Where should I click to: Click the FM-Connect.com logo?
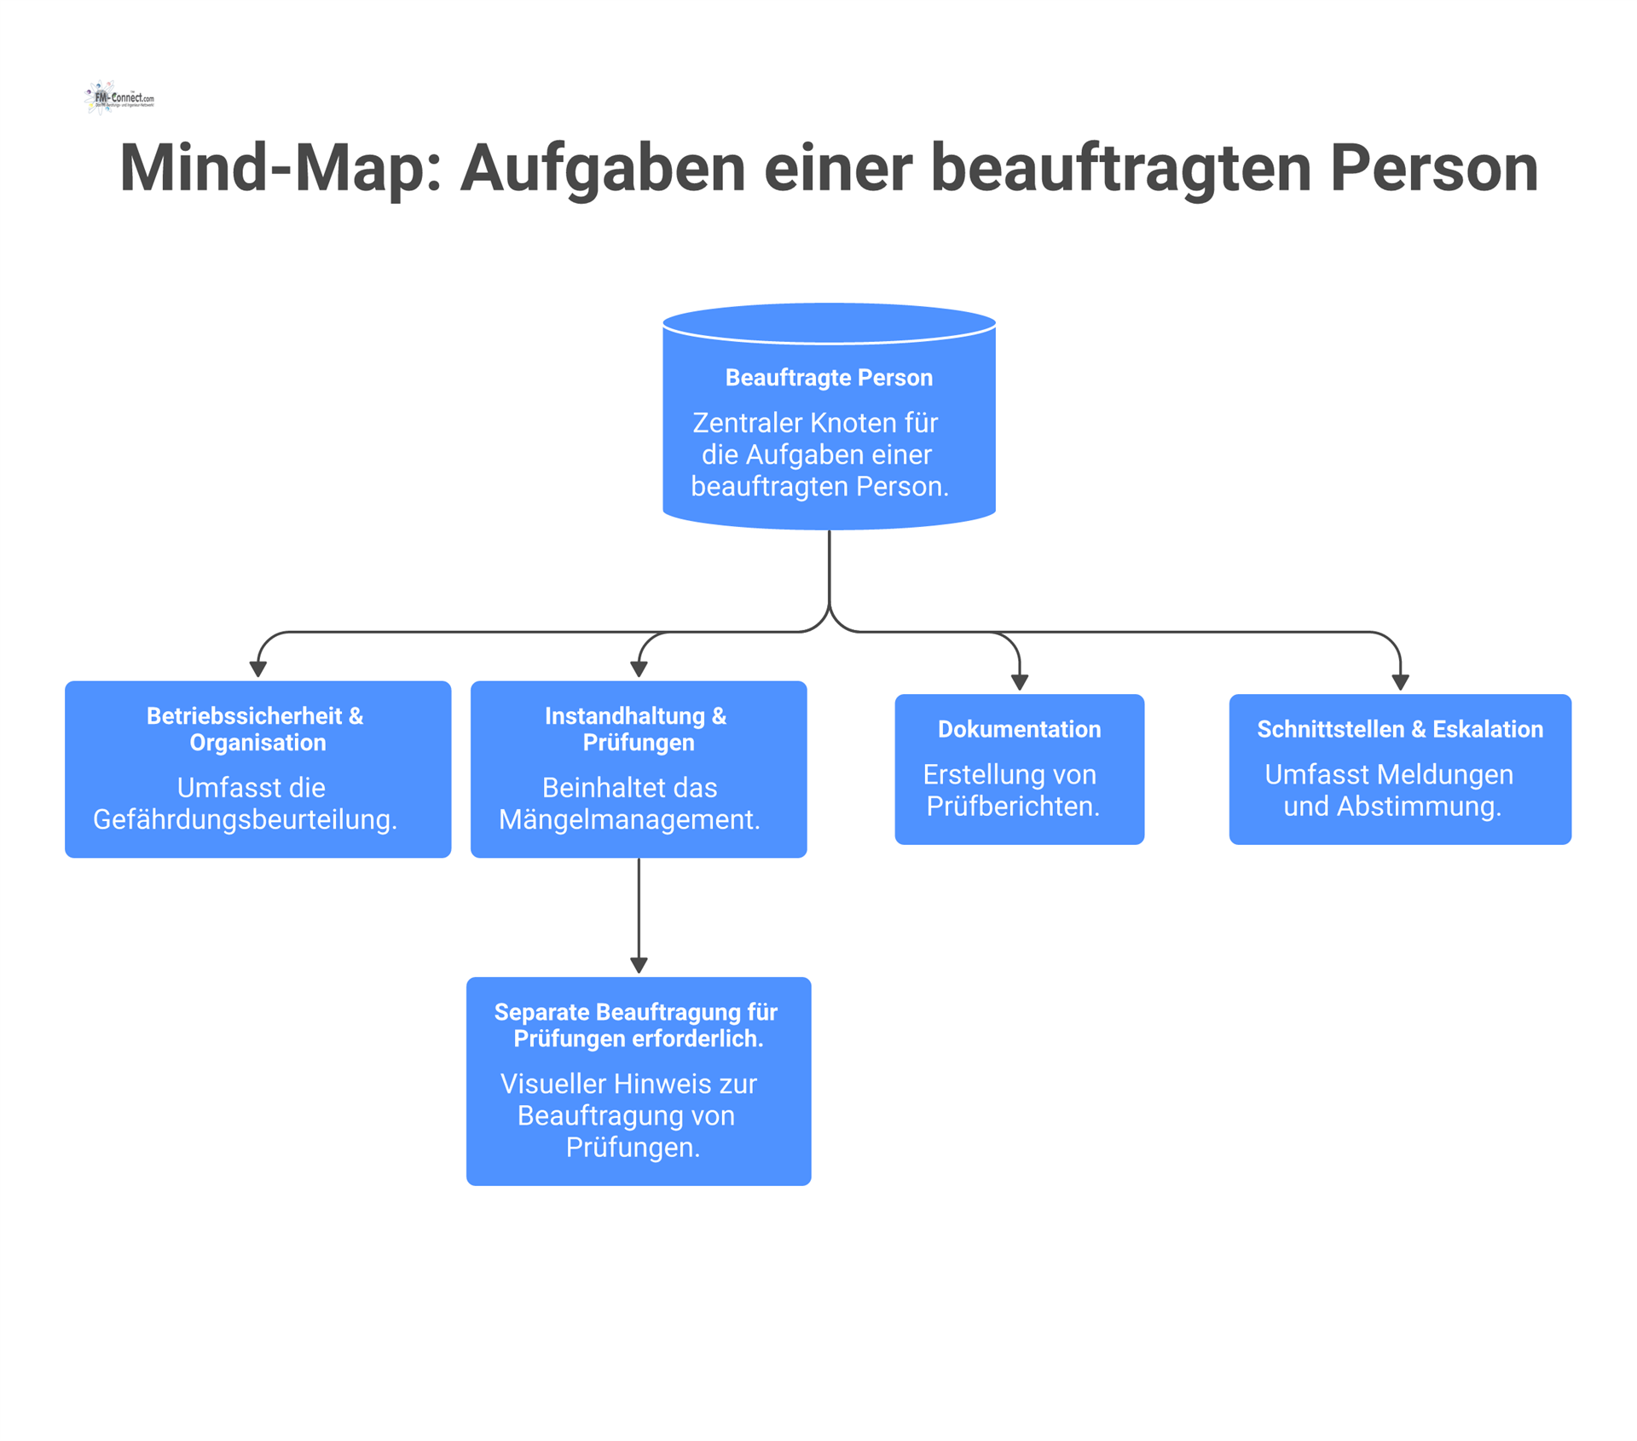(119, 98)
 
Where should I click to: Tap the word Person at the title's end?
(1433, 168)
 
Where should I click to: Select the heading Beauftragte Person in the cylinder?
(829, 378)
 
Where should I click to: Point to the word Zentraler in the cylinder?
(747, 423)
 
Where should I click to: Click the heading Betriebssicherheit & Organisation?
(257, 729)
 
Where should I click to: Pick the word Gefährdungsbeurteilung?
(245, 819)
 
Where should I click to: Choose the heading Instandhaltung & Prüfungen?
(637, 729)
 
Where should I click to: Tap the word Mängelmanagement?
(629, 819)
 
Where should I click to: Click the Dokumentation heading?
(1019, 729)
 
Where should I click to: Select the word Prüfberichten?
(1013, 807)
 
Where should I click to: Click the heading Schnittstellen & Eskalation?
(1399, 729)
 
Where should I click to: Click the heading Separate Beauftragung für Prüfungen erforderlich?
(637, 1025)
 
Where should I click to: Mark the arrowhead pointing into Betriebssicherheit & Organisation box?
(258, 669)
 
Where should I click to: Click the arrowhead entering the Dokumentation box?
(1019, 682)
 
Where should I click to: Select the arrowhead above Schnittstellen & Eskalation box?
(1400, 682)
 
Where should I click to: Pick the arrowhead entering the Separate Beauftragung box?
(639, 965)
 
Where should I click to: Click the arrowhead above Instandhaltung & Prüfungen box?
(639, 669)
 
